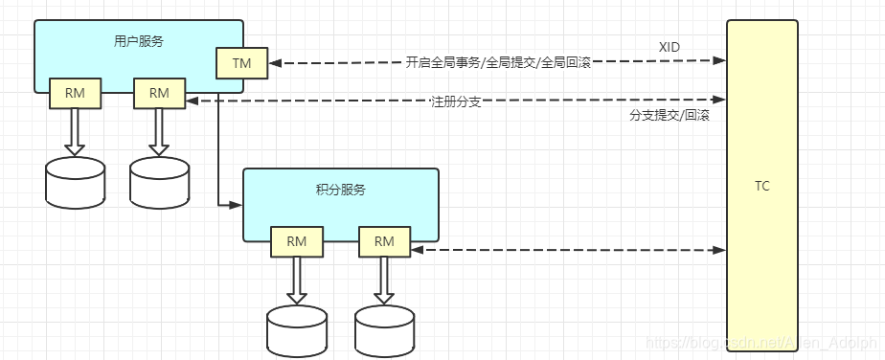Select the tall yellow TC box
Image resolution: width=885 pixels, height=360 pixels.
(761, 187)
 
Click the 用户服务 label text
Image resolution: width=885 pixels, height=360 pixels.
(138, 40)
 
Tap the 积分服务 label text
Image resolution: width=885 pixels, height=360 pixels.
(340, 190)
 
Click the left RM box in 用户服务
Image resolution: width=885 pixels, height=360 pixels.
(75, 94)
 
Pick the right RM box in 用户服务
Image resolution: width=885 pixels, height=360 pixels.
(159, 94)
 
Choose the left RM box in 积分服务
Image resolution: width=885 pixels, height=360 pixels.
(296, 242)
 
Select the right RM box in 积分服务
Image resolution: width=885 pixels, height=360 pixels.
(384, 242)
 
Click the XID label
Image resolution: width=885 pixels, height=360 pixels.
(669, 46)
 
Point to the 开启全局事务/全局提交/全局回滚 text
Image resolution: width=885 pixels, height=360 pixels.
(498, 62)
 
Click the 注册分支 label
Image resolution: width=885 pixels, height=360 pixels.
(456, 101)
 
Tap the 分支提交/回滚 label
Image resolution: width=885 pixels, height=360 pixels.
(669, 115)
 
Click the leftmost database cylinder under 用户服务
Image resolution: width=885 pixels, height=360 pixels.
(75, 182)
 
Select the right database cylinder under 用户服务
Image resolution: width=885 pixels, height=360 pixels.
(160, 182)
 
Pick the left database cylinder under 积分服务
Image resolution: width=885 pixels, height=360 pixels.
(296, 330)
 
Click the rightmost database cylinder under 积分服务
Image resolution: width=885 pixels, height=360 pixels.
(384, 330)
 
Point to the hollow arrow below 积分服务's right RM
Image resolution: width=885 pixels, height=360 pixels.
(384, 281)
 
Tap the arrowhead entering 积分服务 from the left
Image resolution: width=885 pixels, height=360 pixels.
(237, 204)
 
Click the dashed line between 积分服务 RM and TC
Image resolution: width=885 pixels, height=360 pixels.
(565, 250)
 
